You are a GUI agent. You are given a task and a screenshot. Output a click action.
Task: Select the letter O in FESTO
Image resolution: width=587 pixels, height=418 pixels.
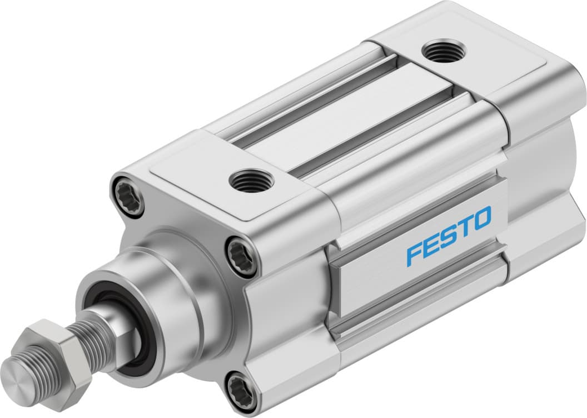point(481,217)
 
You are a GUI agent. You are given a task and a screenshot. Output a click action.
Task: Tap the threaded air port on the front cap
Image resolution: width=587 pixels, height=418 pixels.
point(248,181)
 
